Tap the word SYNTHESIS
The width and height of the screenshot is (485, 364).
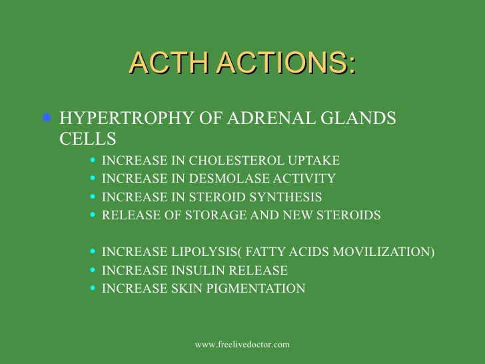pyautogui.click(x=288, y=197)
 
